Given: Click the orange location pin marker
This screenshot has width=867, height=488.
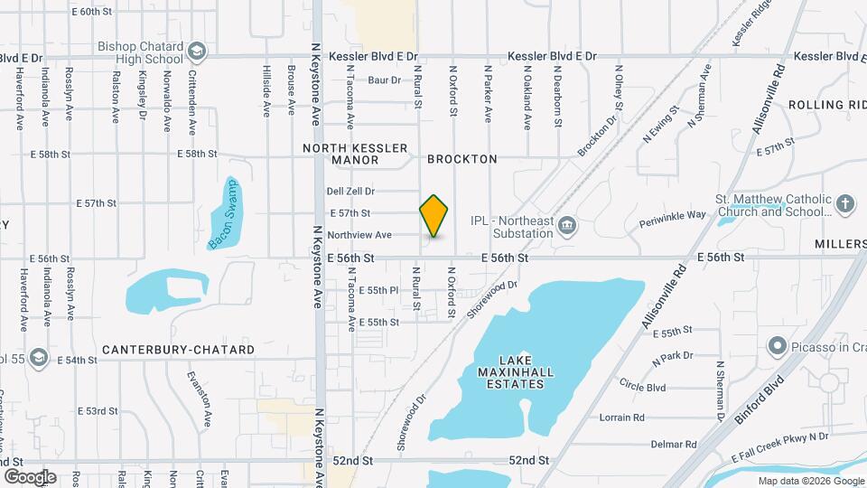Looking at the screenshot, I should (434, 216).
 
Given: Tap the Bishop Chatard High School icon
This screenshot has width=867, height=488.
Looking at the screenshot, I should (197, 52).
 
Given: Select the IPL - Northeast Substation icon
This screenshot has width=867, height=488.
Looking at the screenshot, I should (566, 225).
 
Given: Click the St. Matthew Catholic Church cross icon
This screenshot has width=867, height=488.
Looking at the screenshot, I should (845, 202).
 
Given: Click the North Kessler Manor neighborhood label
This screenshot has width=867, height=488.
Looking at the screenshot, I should (356, 154).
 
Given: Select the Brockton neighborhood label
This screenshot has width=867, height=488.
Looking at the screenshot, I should (462, 159).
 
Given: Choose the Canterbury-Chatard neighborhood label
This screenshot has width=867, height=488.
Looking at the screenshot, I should (179, 350).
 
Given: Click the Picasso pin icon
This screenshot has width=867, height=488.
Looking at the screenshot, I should (776, 345).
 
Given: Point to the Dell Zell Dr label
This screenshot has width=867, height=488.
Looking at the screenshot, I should (350, 192).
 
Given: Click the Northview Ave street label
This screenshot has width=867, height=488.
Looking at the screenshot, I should (359, 235).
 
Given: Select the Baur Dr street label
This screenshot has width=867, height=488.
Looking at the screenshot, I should (384, 80).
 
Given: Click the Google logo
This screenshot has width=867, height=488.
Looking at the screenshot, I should (30, 476).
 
